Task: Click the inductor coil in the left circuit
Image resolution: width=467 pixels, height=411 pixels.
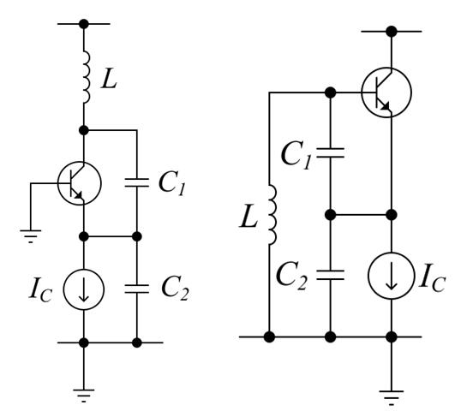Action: click(84, 78)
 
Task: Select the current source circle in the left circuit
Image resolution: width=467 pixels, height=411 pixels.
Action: click(84, 290)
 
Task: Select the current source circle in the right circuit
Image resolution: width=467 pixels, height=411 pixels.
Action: click(391, 276)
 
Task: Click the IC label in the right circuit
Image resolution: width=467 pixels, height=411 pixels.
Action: click(435, 276)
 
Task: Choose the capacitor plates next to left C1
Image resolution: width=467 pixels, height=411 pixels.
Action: click(137, 182)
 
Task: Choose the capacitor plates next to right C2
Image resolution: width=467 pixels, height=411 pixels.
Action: click(330, 276)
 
